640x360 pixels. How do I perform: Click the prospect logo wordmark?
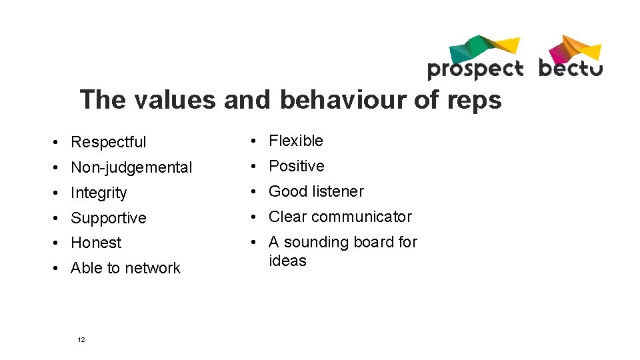pos(475,69)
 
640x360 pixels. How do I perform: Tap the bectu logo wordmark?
pos(570,68)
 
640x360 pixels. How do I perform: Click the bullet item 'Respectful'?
pos(108,142)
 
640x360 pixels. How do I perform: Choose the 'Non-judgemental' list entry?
pos(131,167)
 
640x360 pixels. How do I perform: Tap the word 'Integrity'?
pos(99,193)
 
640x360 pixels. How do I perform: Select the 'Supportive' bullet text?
pos(108,218)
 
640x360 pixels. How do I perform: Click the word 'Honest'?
pos(96,243)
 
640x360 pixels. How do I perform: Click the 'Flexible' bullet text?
pos(295,141)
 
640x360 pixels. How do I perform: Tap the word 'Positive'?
pos(296,166)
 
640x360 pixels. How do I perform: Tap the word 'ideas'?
pos(287,261)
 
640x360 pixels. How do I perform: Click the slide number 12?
pos(81,340)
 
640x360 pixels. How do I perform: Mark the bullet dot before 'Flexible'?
pos(255,141)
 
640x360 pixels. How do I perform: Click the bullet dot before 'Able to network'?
pos(59,269)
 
